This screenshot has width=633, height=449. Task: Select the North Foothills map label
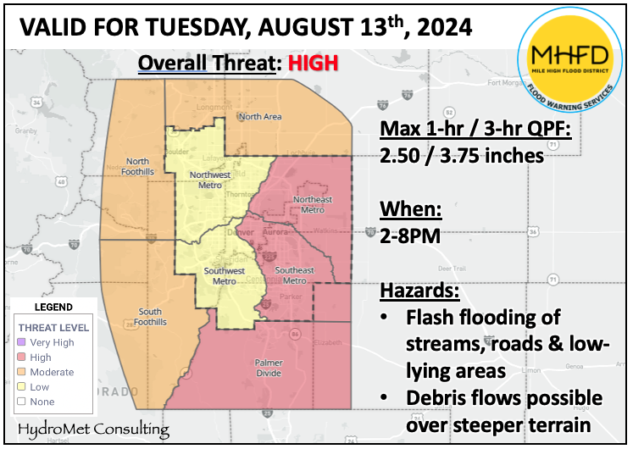(x=139, y=166)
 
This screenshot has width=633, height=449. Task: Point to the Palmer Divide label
(x=269, y=367)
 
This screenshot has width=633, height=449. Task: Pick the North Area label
(x=260, y=116)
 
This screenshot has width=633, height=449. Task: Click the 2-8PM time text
(x=411, y=236)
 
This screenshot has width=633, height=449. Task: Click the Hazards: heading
(x=419, y=290)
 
